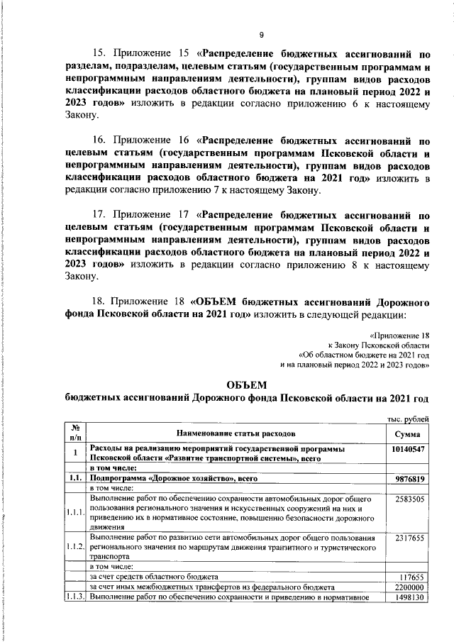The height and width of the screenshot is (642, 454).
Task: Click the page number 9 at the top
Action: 261,35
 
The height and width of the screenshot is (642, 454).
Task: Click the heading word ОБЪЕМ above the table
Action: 247,384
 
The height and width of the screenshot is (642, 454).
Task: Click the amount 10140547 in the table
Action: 408,450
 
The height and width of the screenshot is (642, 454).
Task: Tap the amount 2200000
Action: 409,587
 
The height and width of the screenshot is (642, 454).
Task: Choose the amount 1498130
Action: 409,597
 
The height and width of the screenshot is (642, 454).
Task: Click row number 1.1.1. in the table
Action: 74,514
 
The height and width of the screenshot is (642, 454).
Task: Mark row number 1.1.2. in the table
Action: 74,548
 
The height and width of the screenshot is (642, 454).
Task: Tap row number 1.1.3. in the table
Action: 74,597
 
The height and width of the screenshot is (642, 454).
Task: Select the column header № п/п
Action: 74,433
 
